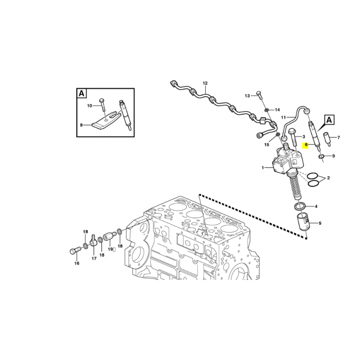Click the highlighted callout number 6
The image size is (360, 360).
pyautogui.click(x=306, y=145)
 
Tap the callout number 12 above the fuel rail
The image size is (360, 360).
pyautogui.click(x=205, y=83)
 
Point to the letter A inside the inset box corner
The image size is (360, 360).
pyautogui.click(x=81, y=94)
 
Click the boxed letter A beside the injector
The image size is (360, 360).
pyautogui.click(x=329, y=120)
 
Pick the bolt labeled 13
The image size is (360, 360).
pyautogui.click(x=259, y=95)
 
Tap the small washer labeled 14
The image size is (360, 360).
pyautogui.click(x=267, y=110)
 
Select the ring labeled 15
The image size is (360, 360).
pyautogui.click(x=277, y=134)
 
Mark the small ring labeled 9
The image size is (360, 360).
pyautogui.click(x=321, y=157)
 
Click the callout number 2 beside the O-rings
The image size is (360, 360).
pyautogui.click(x=328, y=178)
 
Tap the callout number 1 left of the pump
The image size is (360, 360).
pyautogui.click(x=263, y=168)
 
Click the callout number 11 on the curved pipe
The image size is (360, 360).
pyautogui.click(x=283, y=117)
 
